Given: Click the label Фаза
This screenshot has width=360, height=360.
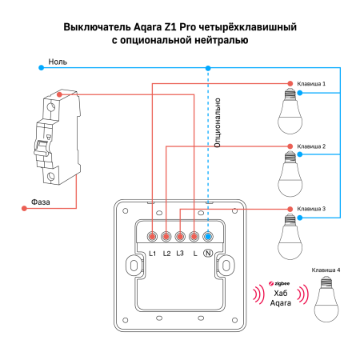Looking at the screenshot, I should tap(40, 202).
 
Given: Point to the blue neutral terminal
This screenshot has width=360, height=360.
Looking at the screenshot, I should tap(208, 236).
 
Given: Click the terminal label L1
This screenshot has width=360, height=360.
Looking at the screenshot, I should tap(152, 254).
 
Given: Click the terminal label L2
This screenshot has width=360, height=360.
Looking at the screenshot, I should tap(166, 254).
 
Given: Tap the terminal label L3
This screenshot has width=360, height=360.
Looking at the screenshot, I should tap(180, 254).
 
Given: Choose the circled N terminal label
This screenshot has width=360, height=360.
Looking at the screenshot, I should tap(208, 254).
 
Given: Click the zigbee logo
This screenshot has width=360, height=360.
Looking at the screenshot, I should tap(280, 283).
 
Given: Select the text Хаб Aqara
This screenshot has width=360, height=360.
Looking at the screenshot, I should tap(280, 299).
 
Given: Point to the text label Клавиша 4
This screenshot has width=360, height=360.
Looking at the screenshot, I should tap(326, 270).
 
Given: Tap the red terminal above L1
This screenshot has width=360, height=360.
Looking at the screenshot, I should tap(152, 236).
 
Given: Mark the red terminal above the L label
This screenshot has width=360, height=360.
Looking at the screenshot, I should tap(194, 236).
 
